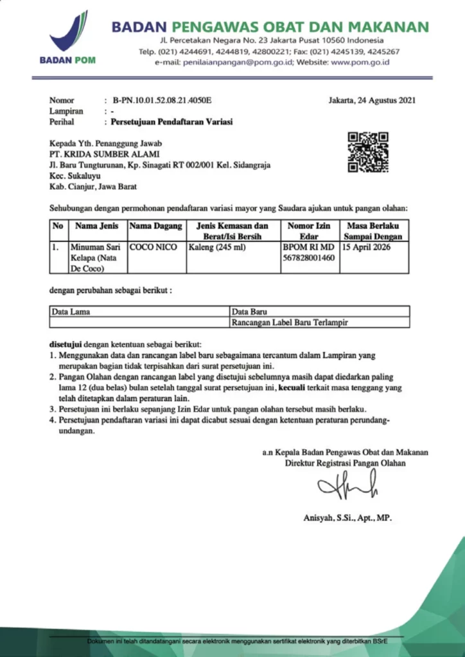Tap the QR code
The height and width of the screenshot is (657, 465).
(368, 151)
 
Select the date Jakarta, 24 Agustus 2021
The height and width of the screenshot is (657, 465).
(371, 100)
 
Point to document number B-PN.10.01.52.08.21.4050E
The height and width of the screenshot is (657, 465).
(162, 100)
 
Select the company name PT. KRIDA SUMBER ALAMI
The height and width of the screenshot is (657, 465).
(105, 155)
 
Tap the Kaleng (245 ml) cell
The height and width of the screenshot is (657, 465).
(213, 246)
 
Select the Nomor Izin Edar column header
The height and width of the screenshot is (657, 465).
(310, 230)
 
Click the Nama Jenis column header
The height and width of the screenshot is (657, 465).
(94, 226)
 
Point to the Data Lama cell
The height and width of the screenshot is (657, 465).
(71, 312)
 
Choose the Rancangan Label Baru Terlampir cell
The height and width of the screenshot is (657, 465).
(290, 322)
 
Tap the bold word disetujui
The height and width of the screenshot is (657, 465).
(68, 343)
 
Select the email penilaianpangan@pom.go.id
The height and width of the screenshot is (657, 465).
(247, 62)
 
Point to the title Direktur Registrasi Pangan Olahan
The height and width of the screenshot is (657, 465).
(346, 463)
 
